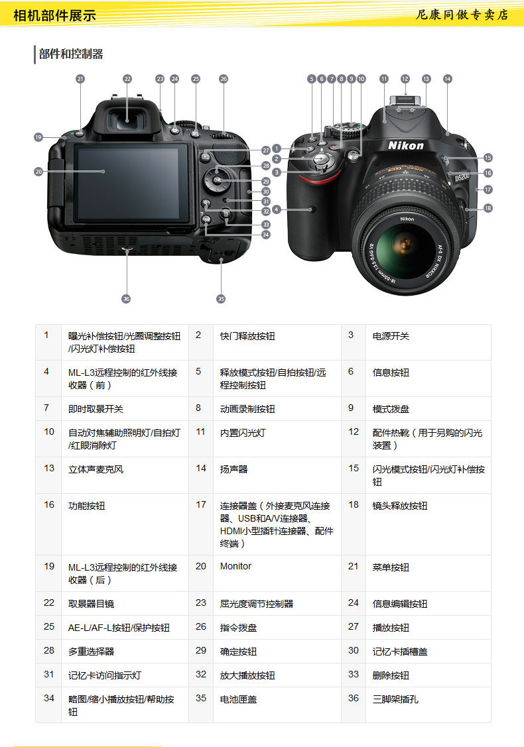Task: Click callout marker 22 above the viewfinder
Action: point(127,78)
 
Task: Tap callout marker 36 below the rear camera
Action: point(126,299)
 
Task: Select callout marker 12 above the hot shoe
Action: point(405,78)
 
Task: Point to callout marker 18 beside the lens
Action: point(488,208)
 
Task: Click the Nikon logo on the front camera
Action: point(405,145)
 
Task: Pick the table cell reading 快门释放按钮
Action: point(247,336)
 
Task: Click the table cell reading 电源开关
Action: point(391,336)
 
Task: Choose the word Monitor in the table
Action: point(235,566)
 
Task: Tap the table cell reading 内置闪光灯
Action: point(243,433)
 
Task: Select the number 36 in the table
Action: point(354,698)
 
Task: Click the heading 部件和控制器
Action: point(71,54)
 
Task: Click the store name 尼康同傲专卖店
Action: point(462,15)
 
